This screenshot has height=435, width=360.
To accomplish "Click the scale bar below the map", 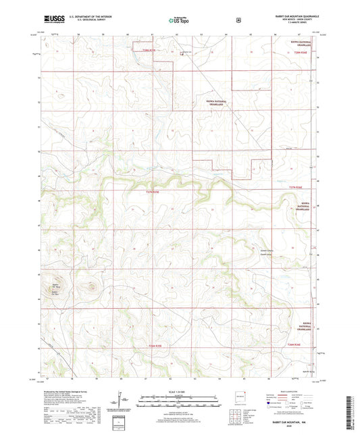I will click(180, 403).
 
